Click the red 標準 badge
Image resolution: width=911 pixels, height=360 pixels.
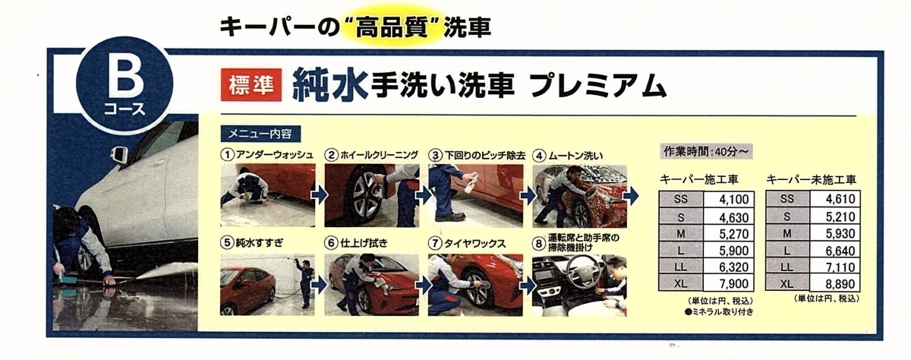tap(251, 85)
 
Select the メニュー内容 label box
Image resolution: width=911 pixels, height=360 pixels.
tap(260, 134)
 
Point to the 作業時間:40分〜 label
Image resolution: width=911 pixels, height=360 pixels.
tap(705, 152)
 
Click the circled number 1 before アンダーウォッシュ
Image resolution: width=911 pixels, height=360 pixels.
tap(227, 155)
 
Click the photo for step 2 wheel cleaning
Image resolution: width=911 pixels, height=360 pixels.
tap(372, 195)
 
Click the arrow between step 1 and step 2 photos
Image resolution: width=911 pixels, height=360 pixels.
tap(320, 196)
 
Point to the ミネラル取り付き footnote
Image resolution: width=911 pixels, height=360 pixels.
tap(719, 312)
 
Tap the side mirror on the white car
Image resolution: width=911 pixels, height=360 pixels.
tap(119, 155)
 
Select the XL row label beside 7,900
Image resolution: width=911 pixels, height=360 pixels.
tap(680, 283)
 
